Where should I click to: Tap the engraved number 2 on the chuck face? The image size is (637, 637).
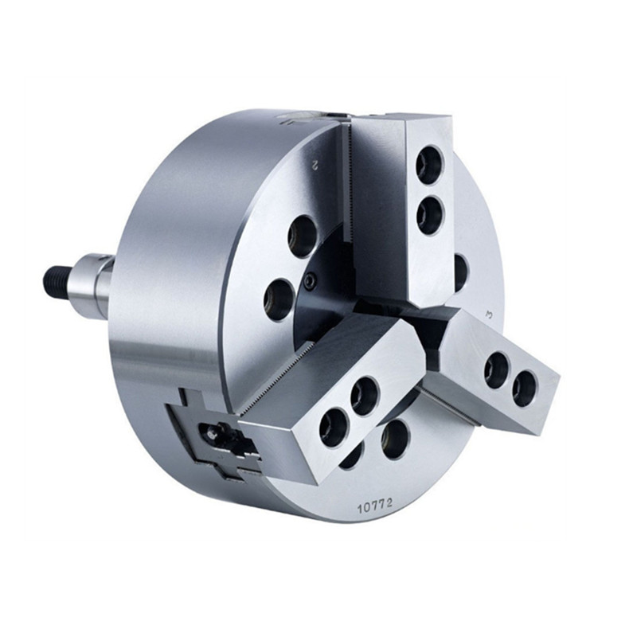[314, 166]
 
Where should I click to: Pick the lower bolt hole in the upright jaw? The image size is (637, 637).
[431, 215]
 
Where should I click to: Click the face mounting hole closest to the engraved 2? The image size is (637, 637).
[303, 236]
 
